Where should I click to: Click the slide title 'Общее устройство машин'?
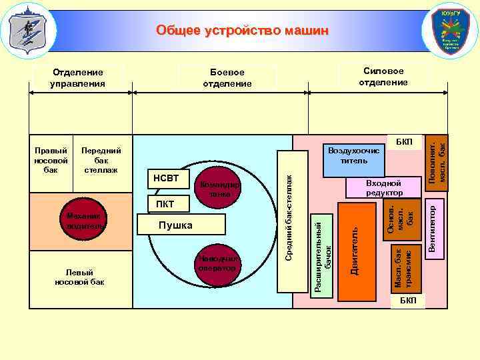(242, 31)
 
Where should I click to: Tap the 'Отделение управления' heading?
(78, 77)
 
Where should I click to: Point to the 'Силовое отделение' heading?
(383, 77)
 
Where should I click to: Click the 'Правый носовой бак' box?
(47, 160)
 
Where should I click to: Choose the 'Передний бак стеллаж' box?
(101, 160)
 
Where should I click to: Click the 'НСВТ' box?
(166, 179)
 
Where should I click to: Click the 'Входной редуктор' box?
(383, 187)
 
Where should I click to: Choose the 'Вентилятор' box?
(432, 229)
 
